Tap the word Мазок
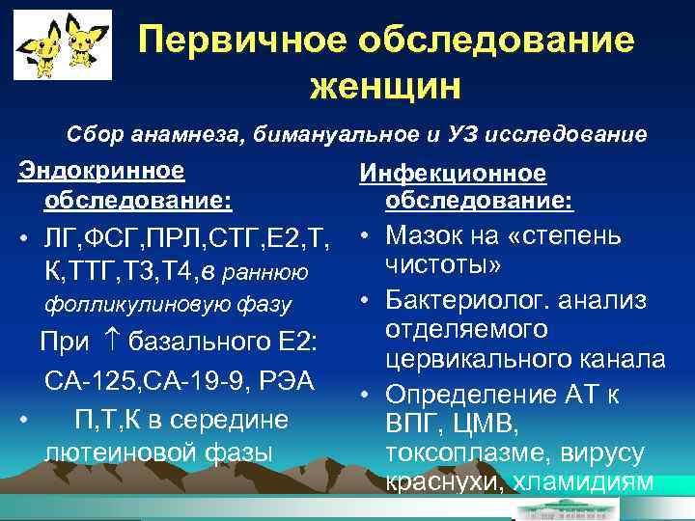(427, 235)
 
